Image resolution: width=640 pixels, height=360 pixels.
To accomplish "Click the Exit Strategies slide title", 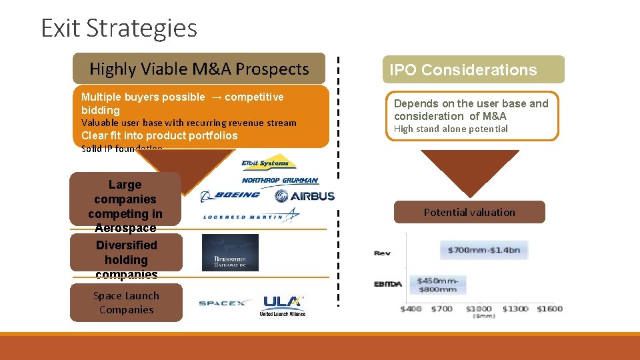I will click(119, 28).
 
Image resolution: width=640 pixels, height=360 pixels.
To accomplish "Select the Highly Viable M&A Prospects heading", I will click(199, 69).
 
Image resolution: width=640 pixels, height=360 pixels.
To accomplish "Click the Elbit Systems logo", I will click(269, 162).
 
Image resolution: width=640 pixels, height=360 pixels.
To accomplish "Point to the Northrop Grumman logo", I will click(280, 181).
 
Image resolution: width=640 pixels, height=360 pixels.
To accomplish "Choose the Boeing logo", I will click(231, 195).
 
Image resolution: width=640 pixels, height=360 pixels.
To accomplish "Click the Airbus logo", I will click(304, 196).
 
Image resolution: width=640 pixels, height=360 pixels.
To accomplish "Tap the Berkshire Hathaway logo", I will click(230, 253).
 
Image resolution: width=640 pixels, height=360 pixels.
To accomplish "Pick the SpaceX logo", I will click(223, 303).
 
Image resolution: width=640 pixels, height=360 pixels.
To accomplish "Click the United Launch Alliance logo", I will click(283, 306).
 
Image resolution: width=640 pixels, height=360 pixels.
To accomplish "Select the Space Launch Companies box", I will click(126, 303).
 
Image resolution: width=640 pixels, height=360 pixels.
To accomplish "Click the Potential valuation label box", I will click(469, 212).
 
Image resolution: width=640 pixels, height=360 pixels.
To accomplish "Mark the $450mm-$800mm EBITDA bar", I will click(437, 285).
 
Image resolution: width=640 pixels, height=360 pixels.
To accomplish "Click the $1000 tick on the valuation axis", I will click(478, 309).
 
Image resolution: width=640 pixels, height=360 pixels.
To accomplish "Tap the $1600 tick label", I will click(551, 309).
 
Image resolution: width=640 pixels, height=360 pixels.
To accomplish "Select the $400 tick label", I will click(411, 309).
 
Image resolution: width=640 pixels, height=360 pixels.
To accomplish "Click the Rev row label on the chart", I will click(382, 253).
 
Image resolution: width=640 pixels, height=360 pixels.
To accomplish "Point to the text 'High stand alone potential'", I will click(451, 129).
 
